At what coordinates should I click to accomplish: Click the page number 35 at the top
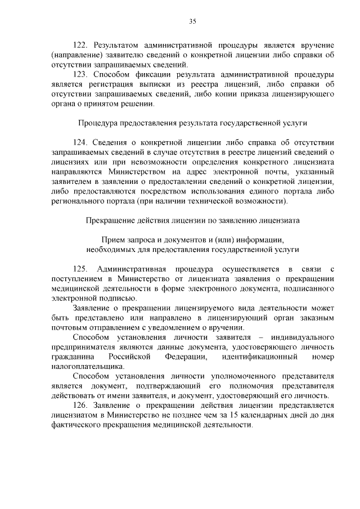click(x=192, y=22)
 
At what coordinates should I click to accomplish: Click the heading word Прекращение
click(x=108, y=221)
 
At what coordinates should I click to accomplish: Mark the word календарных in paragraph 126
click(x=267, y=416)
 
